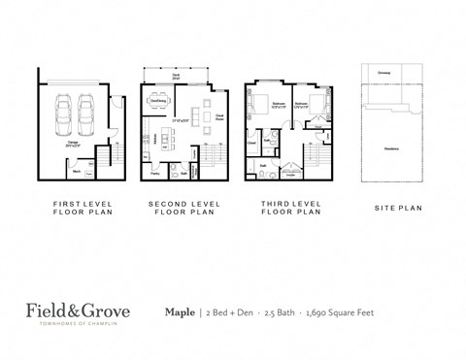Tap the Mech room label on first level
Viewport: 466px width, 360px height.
pyautogui.click(x=77, y=171)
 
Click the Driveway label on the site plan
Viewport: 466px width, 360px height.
pyautogui.click(x=384, y=73)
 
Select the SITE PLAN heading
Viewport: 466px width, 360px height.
pyautogui.click(x=396, y=208)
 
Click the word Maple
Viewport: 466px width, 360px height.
pyautogui.click(x=180, y=313)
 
